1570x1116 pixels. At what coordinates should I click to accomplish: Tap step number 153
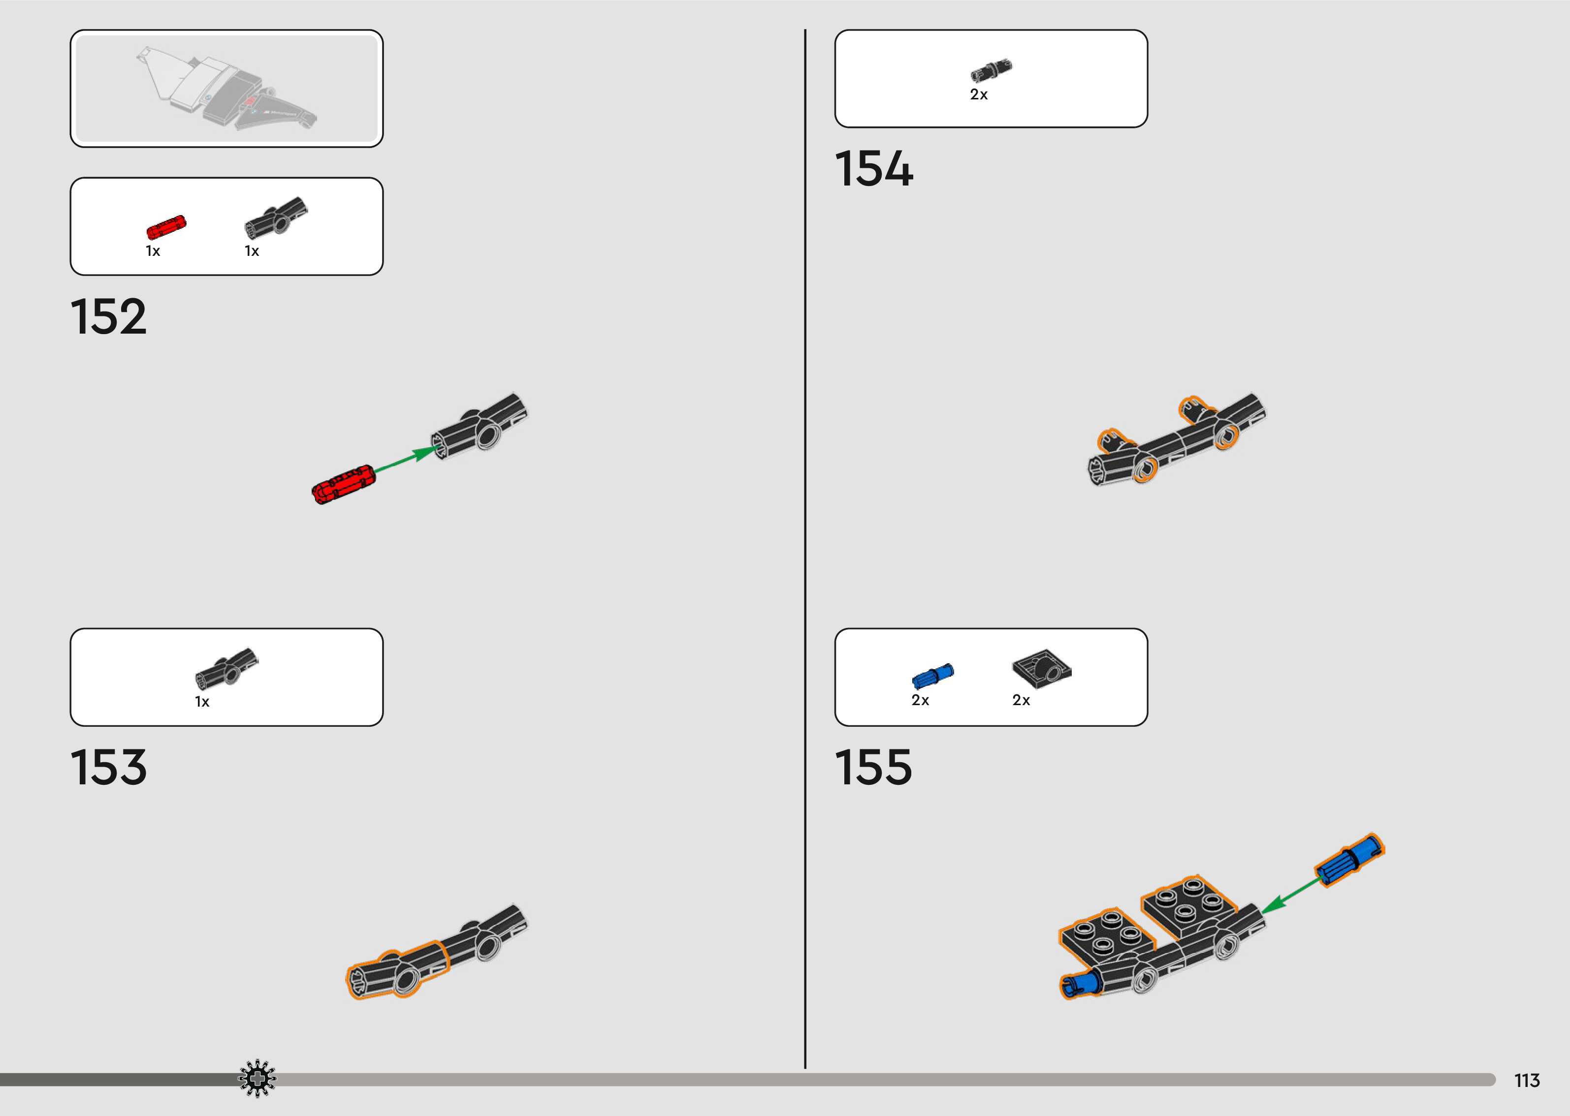pyautogui.click(x=109, y=767)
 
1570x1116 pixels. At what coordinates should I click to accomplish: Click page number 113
pyautogui.click(x=1527, y=1080)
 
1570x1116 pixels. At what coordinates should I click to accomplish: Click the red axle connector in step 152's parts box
pyautogui.click(x=165, y=227)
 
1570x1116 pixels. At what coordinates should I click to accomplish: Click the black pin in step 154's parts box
pyautogui.click(x=991, y=70)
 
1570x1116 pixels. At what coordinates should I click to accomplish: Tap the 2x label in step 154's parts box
pyautogui.click(x=978, y=95)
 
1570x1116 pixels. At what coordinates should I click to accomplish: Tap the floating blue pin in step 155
pyautogui.click(x=1349, y=859)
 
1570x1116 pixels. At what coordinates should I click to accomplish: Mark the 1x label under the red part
pyautogui.click(x=153, y=251)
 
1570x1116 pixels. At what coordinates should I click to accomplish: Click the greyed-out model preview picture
pyautogui.click(x=227, y=88)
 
